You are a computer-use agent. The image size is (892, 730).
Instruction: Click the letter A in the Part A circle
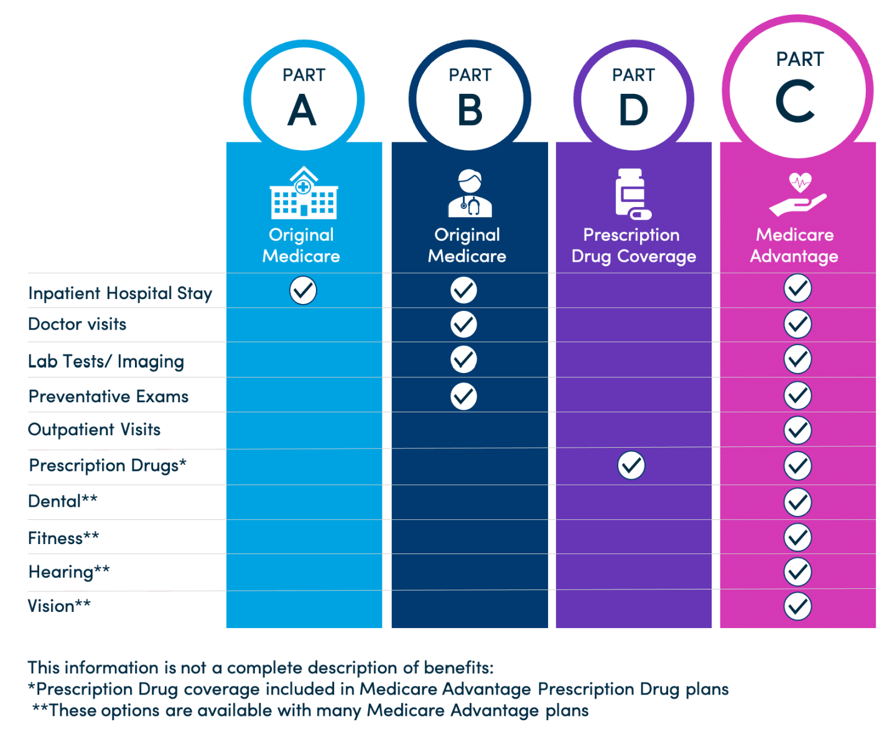point(302,110)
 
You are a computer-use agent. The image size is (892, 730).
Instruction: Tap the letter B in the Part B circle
point(470,110)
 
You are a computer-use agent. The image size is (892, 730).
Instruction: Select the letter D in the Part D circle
point(633,110)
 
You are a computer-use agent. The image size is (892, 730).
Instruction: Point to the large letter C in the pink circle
point(795,101)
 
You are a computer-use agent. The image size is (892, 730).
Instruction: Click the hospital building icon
point(304,193)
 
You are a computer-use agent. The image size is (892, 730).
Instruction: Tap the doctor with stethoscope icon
point(470,193)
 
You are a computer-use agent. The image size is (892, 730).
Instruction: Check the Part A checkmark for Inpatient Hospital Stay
point(303,290)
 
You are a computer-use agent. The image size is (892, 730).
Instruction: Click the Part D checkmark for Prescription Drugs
point(631,466)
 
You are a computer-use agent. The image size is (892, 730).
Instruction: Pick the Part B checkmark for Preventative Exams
point(463,396)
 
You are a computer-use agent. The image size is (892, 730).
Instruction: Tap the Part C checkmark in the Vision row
point(797,606)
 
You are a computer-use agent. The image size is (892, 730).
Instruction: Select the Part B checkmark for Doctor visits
point(463,324)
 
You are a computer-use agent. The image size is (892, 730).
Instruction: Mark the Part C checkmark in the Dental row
point(797,502)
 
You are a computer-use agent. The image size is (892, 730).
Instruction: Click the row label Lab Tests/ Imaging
point(106,361)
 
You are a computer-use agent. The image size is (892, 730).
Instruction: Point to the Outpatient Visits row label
point(95,430)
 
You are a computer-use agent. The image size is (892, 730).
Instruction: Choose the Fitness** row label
point(63,538)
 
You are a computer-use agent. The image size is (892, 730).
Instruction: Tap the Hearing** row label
point(69,572)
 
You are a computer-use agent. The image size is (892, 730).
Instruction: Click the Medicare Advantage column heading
point(794,246)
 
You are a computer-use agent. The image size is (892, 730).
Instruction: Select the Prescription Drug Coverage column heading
point(633,246)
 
